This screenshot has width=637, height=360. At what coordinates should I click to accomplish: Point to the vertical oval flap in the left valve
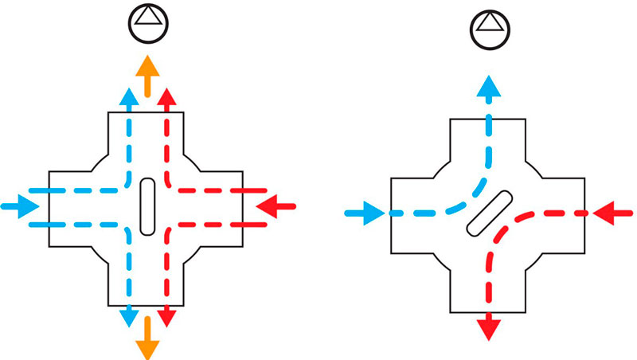click(x=147, y=206)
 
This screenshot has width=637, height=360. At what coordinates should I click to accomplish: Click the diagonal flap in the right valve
click(x=489, y=213)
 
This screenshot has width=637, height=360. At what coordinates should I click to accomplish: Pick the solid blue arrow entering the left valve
click(x=21, y=206)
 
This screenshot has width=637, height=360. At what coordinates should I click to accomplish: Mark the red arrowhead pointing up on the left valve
click(x=166, y=96)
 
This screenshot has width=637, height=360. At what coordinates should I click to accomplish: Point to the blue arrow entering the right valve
click(x=365, y=213)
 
